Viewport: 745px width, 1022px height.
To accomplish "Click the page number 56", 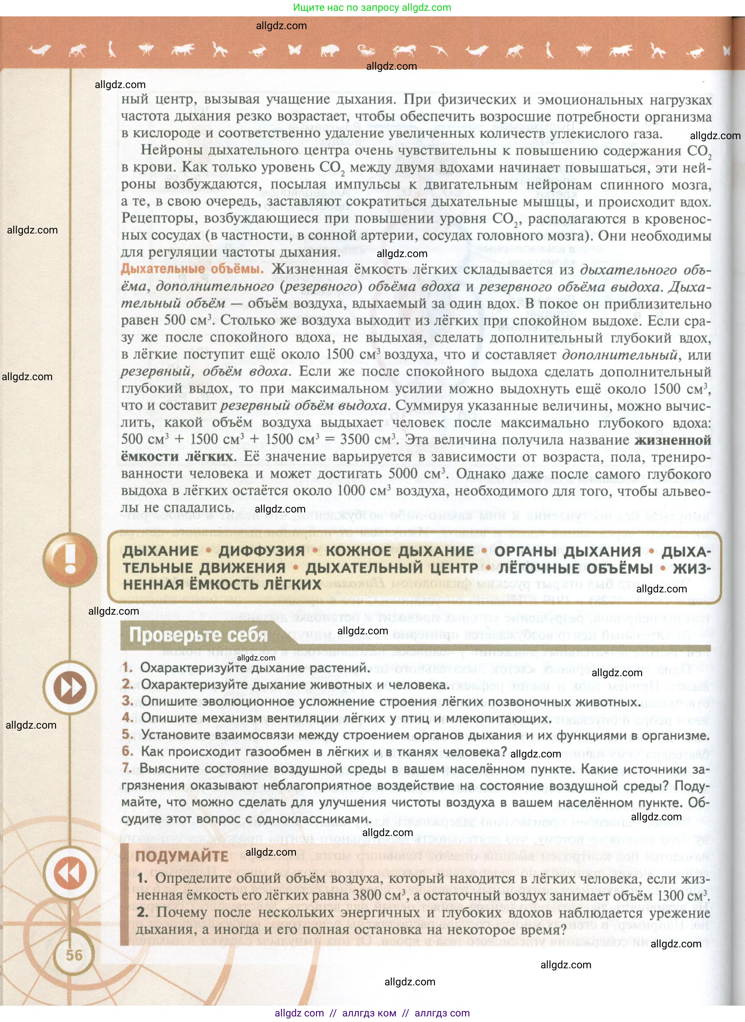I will point(74,955).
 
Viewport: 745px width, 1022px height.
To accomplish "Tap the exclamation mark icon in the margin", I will point(70,559).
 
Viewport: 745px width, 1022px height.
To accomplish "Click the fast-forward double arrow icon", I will point(70,688).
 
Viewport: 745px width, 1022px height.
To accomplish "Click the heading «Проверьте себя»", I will point(198,635).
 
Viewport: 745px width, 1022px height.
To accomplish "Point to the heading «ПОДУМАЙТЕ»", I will point(182,856).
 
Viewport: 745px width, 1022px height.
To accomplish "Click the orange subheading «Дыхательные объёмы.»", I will point(192,269).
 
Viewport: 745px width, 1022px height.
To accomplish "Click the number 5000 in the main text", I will point(403,473).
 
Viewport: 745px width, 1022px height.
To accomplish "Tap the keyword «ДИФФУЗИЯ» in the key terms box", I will point(262,551).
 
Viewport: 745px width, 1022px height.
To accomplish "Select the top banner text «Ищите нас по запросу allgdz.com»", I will point(372,7).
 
